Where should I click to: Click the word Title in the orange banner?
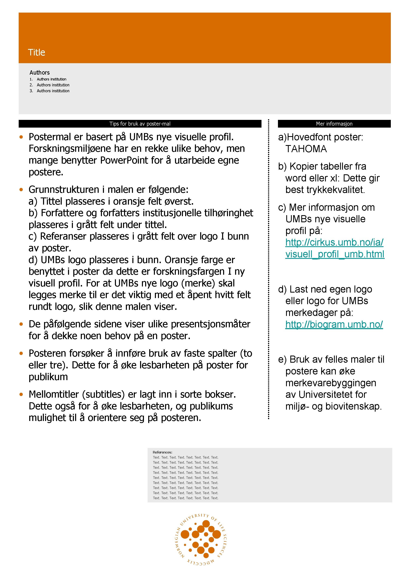pyautogui.click(x=37, y=52)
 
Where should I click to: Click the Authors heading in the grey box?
pyautogui.click(x=40, y=73)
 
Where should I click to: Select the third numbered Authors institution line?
pyautogui.click(x=53, y=91)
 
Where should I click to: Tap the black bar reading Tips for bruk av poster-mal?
pyautogui.click(x=140, y=124)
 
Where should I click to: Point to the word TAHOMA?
pyautogui.click(x=306, y=149)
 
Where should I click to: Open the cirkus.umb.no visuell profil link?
pyautogui.click(x=335, y=248)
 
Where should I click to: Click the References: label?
pyautogui.click(x=162, y=452)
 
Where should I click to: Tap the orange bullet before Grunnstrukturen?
pyautogui.click(x=21, y=190)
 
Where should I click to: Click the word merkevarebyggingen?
pyautogui.click(x=331, y=383)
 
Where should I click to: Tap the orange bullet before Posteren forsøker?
pyautogui.click(x=21, y=354)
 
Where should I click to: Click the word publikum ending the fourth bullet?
pyautogui.click(x=48, y=377)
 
